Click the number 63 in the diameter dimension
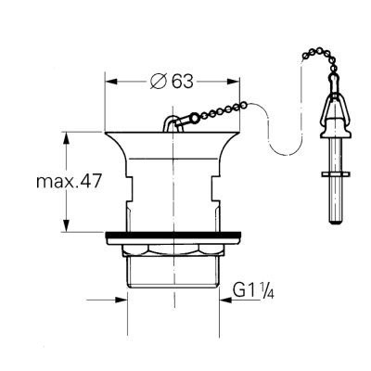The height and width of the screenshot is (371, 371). pyautogui.click(x=181, y=82)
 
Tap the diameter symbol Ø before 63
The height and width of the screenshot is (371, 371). pyautogui.click(x=158, y=82)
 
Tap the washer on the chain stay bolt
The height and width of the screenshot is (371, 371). pyautogui.click(x=333, y=173)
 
